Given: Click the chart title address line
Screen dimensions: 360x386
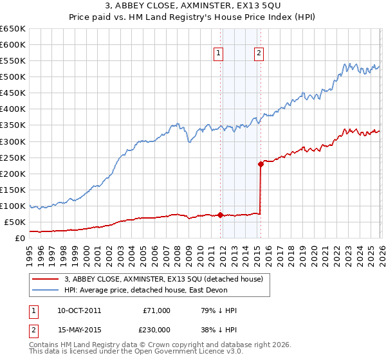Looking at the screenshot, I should [192, 8].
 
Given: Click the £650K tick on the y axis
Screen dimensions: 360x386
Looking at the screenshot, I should [13, 29].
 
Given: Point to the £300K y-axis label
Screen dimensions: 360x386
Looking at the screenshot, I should [13, 141].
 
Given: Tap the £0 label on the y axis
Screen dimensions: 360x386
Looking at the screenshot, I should [21, 238].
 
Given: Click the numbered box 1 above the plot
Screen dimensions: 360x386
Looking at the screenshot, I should [219, 53].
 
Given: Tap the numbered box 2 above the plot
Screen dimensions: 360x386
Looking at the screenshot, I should [259, 53].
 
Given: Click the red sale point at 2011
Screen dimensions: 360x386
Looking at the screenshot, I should [220, 215].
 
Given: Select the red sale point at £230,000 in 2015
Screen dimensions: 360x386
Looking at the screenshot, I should [261, 164].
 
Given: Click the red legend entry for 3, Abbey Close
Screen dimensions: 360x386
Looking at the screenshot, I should [163, 279].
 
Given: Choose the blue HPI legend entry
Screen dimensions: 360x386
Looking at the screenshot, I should [167, 291].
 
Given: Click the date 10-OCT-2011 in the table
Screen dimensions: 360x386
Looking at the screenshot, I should [78, 310].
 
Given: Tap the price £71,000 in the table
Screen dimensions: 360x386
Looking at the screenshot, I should [156, 310].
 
